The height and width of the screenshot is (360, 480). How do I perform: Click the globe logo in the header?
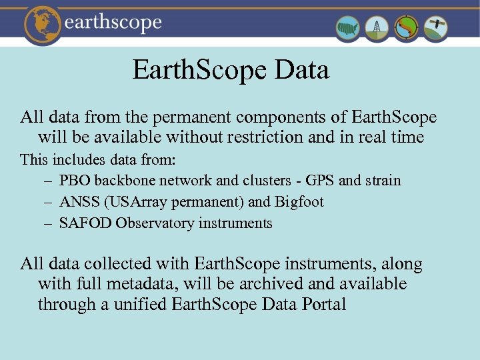coord(44,24)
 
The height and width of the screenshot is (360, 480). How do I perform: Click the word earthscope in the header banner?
coord(113,23)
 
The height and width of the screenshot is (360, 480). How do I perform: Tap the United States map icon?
coord(348,28)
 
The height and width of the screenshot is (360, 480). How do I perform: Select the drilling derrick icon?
coord(378,28)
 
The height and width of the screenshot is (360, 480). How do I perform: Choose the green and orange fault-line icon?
coord(407,28)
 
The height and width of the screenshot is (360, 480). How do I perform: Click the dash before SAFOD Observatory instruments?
coord(49,223)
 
